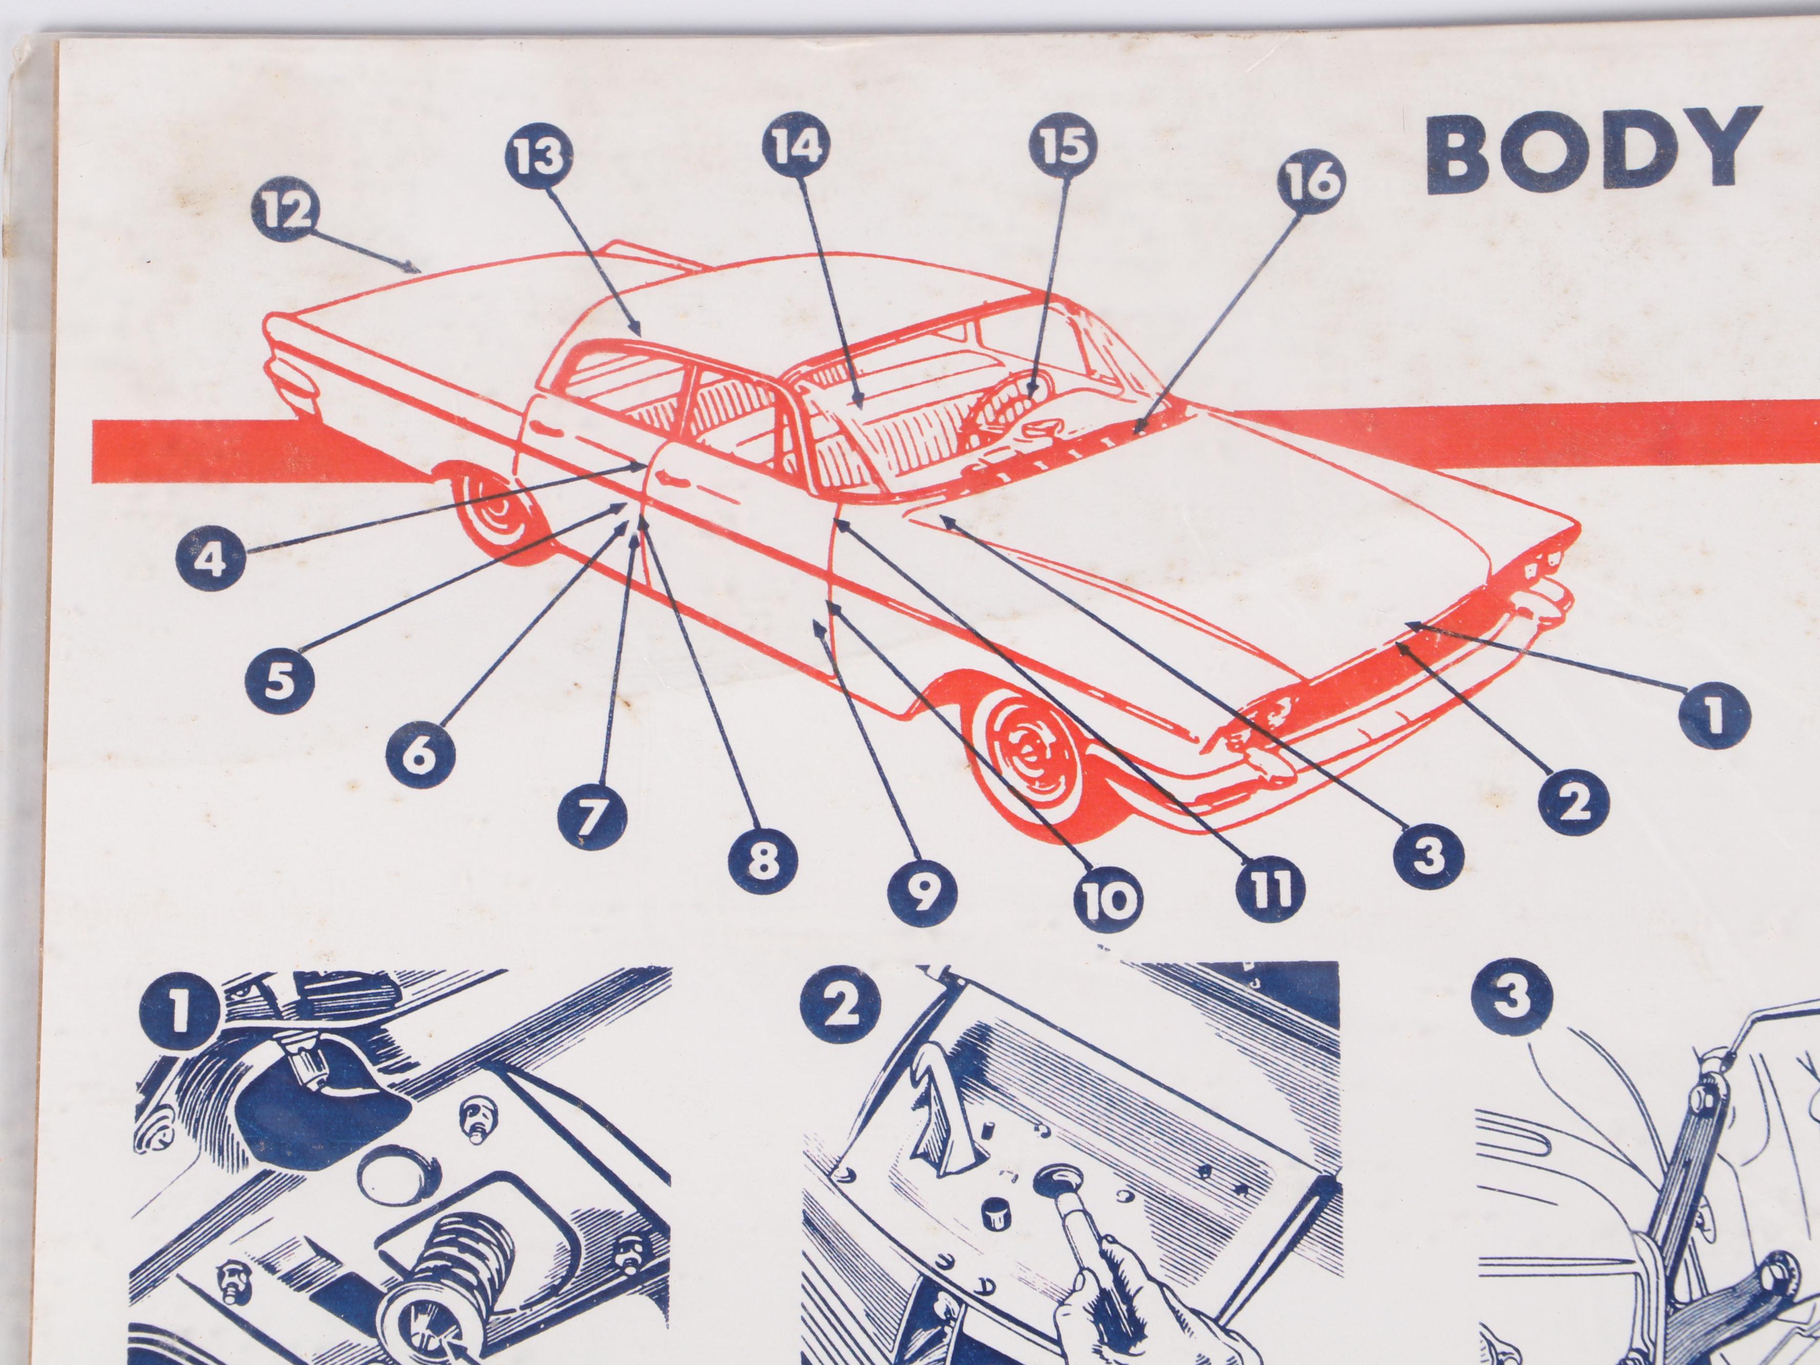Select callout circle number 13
point(539,155)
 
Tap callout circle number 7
point(592,815)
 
